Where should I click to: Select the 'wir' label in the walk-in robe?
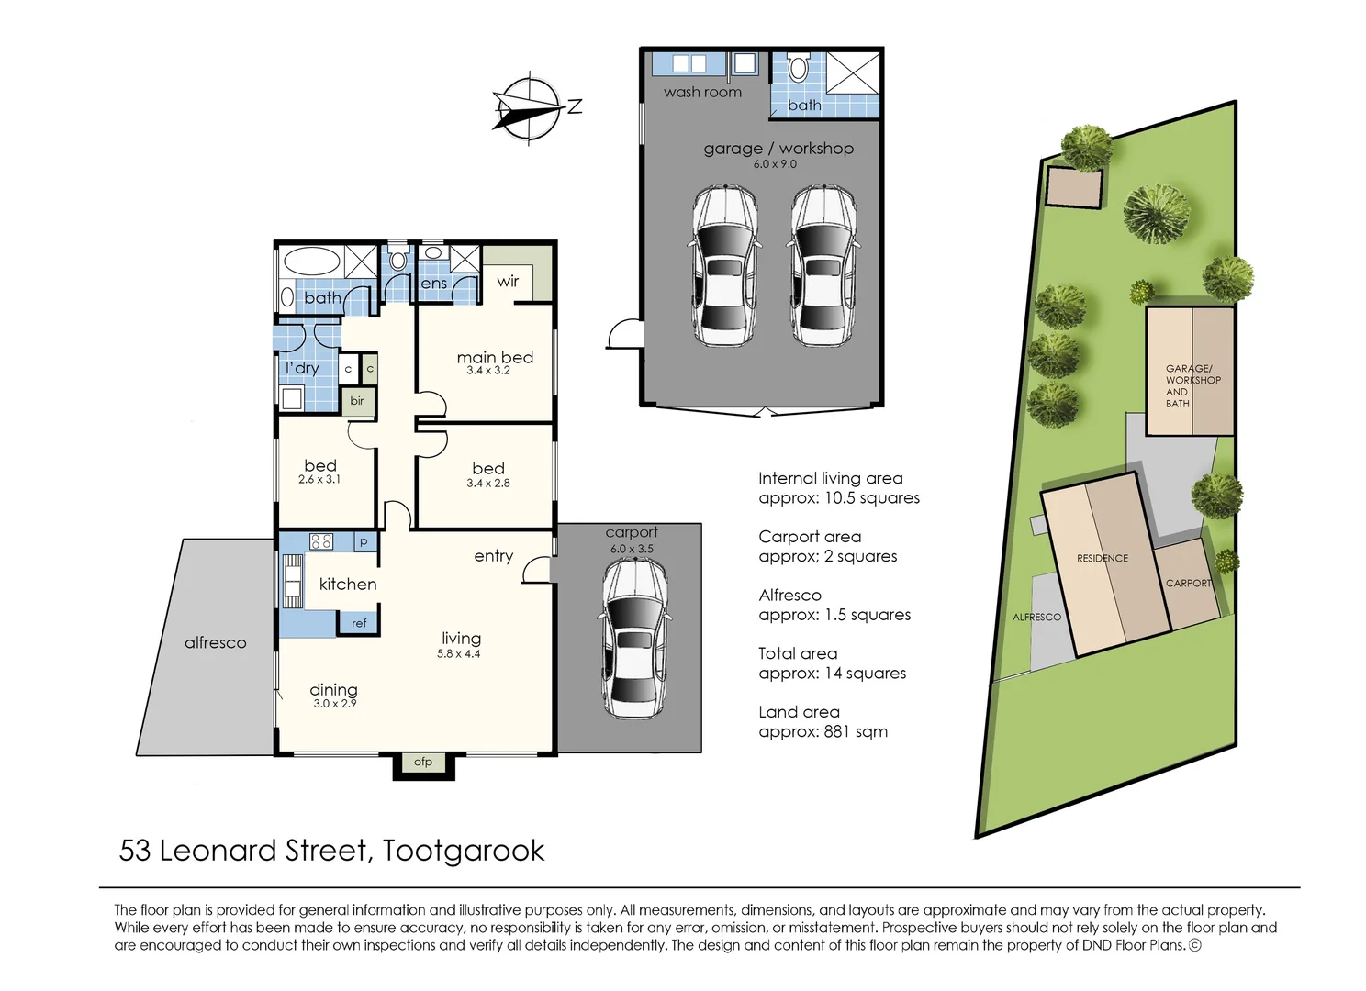(x=508, y=281)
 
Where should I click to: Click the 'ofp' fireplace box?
(x=423, y=762)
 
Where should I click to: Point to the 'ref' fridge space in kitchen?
(x=359, y=623)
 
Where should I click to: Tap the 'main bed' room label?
(x=495, y=357)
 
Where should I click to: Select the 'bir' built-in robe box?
(x=357, y=401)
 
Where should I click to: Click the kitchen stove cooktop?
(x=320, y=540)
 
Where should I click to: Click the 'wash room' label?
(x=702, y=92)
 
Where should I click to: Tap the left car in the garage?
(x=724, y=265)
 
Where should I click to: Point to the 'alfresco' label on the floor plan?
(x=215, y=642)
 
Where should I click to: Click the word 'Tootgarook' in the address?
(x=464, y=851)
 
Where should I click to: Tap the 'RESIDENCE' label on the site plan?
(x=1102, y=558)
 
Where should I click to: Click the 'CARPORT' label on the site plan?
(x=1188, y=583)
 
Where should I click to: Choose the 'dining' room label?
(x=333, y=689)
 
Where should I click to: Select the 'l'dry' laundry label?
(x=302, y=368)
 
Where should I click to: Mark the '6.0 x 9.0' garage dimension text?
(x=775, y=164)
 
